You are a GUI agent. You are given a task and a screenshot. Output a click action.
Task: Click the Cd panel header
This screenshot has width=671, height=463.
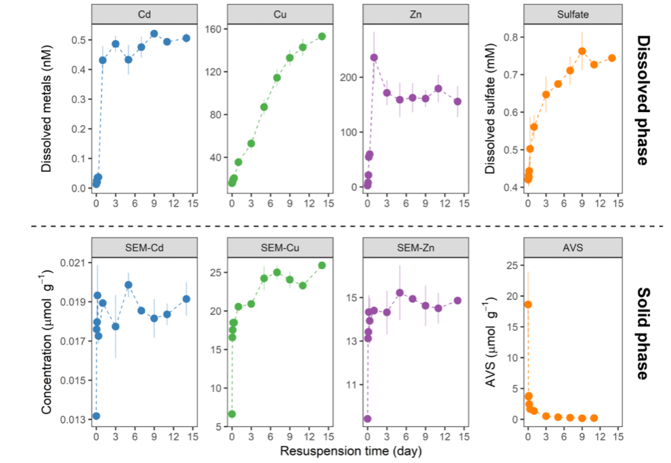tap(144, 13)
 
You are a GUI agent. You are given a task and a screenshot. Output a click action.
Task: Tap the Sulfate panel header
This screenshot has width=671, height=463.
tap(572, 13)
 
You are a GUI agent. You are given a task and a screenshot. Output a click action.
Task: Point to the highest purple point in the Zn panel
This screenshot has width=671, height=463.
tap(373, 58)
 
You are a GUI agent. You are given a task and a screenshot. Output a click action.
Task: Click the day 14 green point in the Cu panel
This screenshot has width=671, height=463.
tap(322, 37)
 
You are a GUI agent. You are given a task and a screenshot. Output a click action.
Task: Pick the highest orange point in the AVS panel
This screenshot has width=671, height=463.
tap(528, 304)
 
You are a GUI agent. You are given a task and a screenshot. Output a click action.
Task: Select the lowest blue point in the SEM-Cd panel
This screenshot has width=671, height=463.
tap(96, 415)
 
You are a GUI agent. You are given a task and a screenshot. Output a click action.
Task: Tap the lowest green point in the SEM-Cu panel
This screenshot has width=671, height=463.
tap(232, 413)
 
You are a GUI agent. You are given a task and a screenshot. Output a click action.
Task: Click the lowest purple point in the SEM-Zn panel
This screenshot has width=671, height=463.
tap(367, 418)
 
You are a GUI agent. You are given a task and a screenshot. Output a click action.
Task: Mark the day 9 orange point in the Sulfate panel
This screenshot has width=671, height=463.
tap(582, 51)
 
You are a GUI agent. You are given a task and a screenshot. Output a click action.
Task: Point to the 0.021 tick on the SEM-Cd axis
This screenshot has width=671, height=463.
tap(73, 263)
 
